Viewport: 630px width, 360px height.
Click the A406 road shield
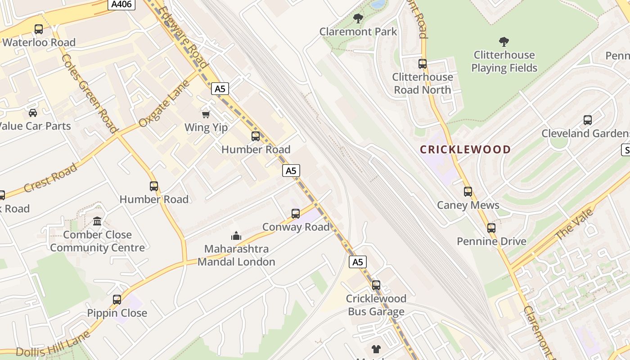(121, 4)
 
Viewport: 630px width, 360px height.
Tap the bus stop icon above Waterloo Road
(39, 29)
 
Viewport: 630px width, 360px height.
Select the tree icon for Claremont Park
(358, 18)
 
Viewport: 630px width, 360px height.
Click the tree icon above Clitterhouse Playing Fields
(504, 42)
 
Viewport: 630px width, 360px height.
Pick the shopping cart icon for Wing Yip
(206, 114)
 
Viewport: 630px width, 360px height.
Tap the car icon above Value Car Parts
(33, 112)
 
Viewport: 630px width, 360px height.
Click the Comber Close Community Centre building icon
(97, 221)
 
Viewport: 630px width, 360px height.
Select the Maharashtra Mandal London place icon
(236, 236)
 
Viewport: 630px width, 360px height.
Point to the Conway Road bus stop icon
(296, 214)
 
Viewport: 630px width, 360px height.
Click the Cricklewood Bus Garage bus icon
(376, 285)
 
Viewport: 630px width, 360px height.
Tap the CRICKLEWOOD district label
(465, 149)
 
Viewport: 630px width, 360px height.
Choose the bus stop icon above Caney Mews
(468, 192)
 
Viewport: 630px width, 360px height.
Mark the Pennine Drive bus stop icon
(491, 228)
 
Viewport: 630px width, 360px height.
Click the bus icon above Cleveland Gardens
(588, 120)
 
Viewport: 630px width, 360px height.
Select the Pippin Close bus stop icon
(117, 300)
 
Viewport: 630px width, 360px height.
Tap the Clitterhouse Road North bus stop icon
(422, 64)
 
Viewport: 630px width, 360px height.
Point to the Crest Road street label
(50, 178)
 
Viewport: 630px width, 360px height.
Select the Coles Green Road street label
(88, 94)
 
